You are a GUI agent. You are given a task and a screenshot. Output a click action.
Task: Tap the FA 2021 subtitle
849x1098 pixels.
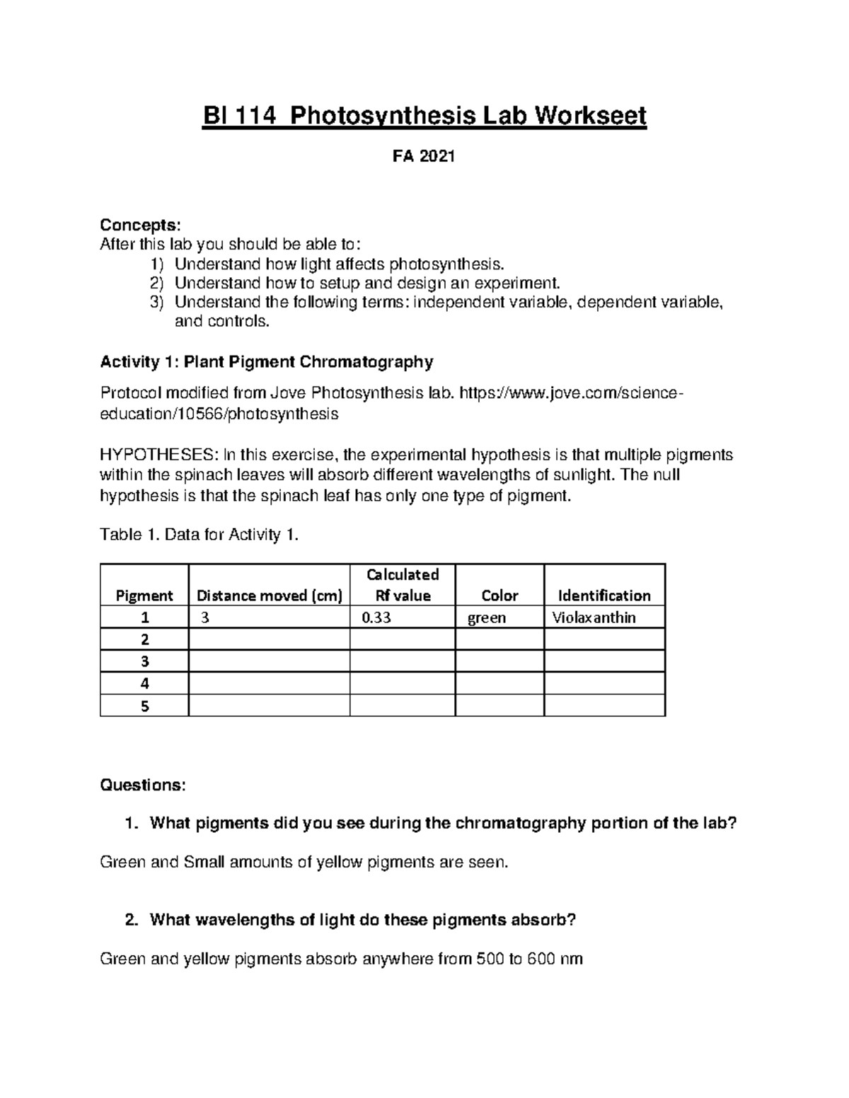tap(424, 157)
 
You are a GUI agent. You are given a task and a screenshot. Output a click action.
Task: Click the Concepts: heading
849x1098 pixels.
tap(140, 225)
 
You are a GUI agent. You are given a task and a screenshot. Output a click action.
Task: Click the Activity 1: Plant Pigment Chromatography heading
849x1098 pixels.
tap(266, 362)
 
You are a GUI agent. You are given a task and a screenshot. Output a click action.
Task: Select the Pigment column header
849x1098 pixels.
tap(144, 595)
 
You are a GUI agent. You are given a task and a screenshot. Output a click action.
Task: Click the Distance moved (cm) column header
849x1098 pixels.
tap(269, 595)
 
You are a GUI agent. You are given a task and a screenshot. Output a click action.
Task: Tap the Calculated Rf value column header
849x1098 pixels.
tap(403, 585)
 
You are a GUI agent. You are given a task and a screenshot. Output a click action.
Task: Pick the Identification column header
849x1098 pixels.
tap(604, 595)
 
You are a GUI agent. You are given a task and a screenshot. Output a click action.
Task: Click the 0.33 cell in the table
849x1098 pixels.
tap(376, 617)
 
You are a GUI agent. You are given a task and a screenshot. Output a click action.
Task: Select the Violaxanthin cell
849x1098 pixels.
tap(594, 617)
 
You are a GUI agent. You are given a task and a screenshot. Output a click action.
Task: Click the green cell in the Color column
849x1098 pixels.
tap(486, 617)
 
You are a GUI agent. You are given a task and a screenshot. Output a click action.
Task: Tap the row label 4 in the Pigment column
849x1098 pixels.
tap(145, 684)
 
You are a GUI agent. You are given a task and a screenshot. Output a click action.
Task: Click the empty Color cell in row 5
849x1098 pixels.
tap(499, 706)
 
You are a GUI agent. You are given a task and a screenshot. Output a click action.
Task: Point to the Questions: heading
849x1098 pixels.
tap(143, 785)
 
